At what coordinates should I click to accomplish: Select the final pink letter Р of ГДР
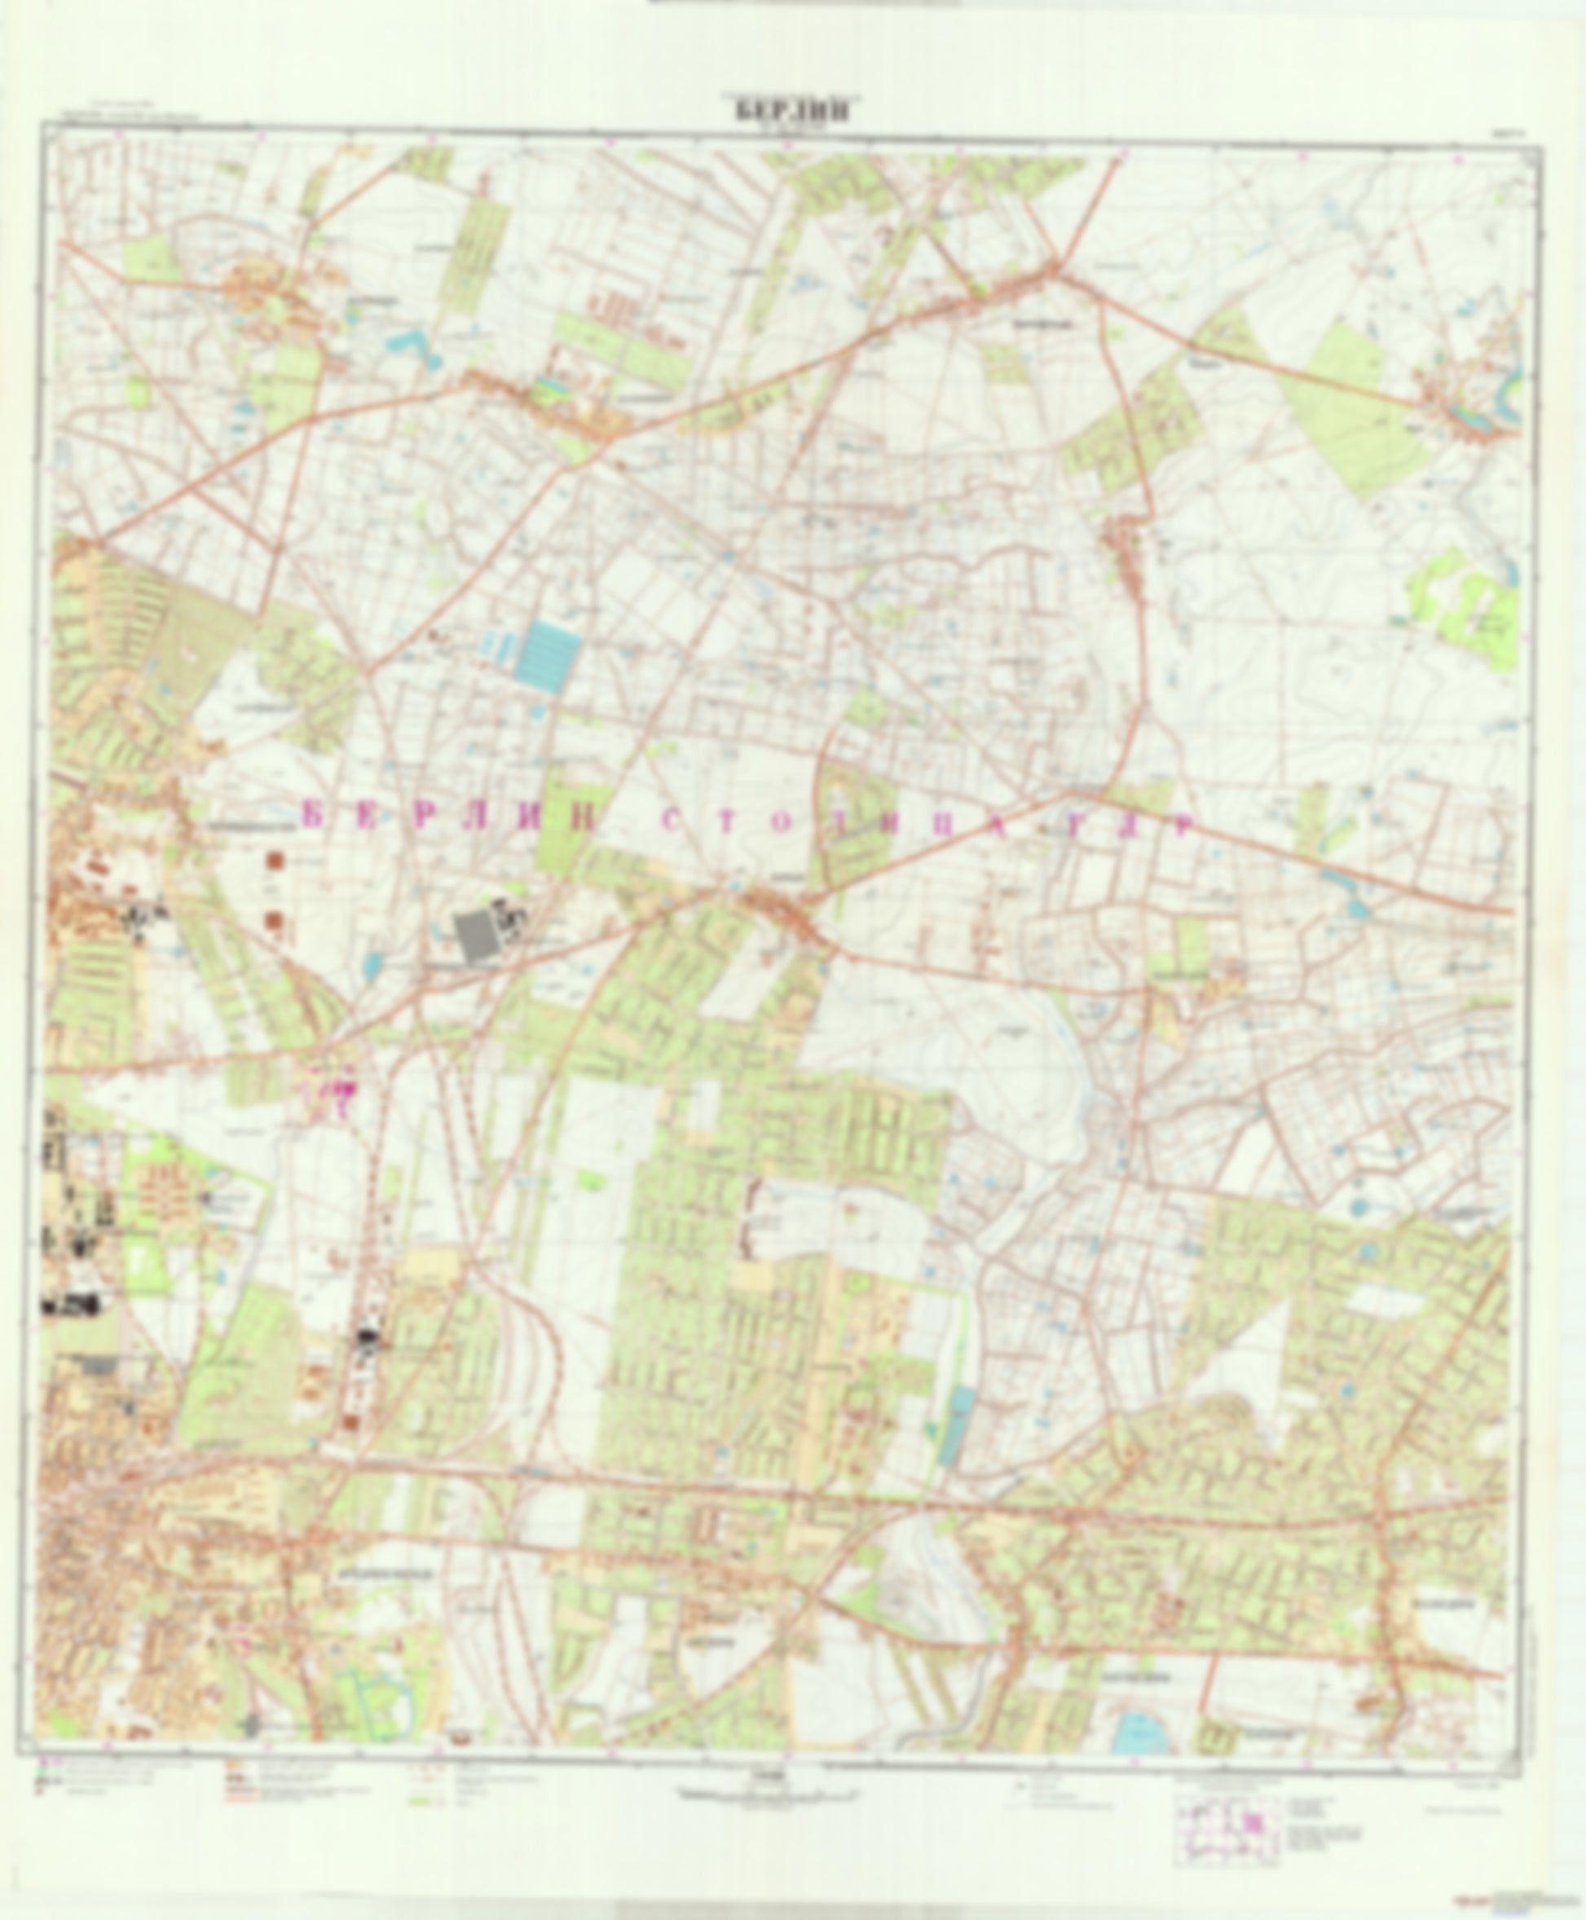click(x=1183, y=826)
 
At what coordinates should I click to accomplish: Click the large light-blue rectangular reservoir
click(x=547, y=653)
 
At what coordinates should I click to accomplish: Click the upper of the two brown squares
click(x=274, y=860)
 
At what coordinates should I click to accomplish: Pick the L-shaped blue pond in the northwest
click(x=408, y=347)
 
